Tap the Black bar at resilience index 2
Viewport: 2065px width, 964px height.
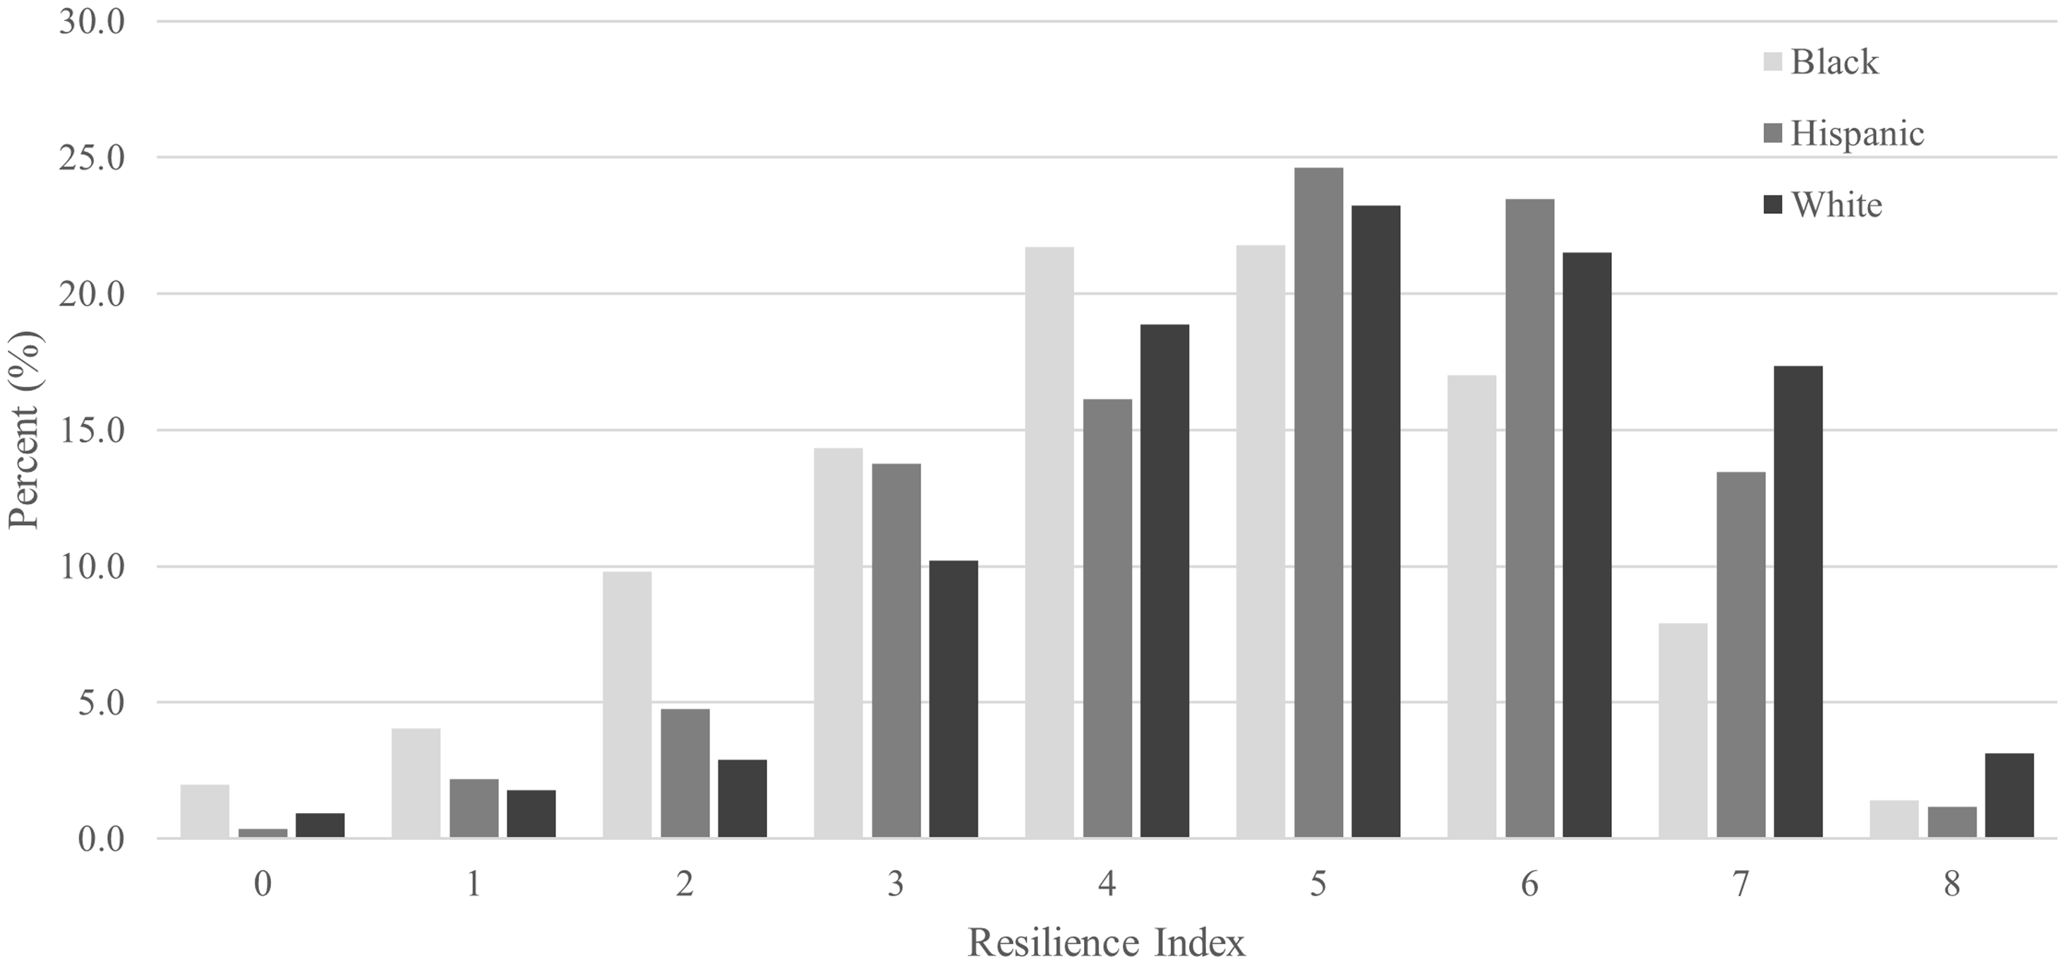(627, 704)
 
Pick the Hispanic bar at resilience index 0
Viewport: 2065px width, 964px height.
(263, 833)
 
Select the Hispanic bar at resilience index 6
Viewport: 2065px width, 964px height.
(1529, 519)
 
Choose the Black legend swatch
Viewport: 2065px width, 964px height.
(1774, 61)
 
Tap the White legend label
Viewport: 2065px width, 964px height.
(1836, 205)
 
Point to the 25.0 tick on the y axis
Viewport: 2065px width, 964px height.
(92, 158)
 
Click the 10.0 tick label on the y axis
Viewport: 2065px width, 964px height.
(92, 567)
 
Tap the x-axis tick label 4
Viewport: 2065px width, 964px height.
(1107, 885)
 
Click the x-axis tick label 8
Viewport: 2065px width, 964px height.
(1951, 885)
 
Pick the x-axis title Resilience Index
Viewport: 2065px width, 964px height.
(1107, 943)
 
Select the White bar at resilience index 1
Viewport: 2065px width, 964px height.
(531, 814)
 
